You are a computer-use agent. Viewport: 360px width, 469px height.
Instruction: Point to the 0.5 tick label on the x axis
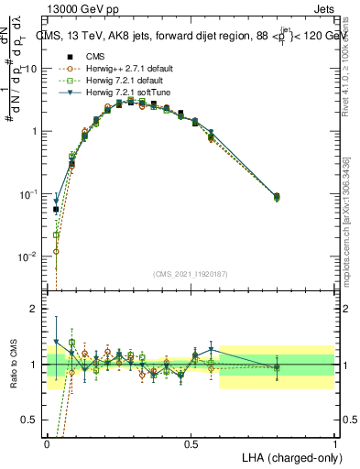tap(191, 443)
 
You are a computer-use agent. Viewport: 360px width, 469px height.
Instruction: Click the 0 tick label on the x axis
tap(47, 443)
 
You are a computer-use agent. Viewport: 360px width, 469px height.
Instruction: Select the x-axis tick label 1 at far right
tap(334, 443)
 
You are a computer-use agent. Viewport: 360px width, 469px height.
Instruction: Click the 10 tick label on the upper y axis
tap(34, 69)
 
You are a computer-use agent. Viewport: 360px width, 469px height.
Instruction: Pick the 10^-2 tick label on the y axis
tap(31, 257)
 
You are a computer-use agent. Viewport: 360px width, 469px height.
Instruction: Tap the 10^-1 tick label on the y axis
tap(31, 194)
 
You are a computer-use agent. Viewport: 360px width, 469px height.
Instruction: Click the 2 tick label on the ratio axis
tap(38, 309)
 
